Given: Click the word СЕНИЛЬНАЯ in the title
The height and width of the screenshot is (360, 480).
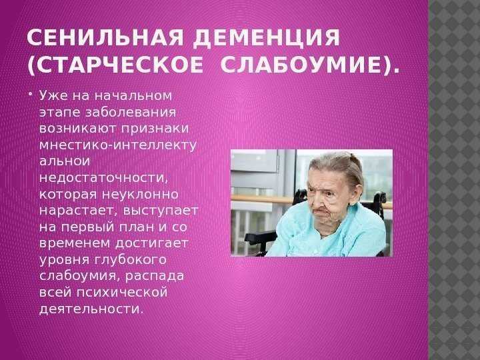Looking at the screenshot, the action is (105, 37).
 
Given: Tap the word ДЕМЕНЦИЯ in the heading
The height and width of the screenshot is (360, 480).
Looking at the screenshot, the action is (266, 37).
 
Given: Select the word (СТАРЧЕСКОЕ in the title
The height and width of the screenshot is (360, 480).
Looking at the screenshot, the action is (115, 65).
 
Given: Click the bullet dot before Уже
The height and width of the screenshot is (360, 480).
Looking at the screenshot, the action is (31, 93).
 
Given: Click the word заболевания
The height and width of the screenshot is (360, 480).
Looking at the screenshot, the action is (131, 113).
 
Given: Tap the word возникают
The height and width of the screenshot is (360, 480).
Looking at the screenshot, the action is (78, 129).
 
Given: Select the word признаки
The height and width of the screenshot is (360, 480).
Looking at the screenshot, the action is (155, 129).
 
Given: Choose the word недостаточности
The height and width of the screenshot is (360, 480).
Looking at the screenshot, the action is (104, 178).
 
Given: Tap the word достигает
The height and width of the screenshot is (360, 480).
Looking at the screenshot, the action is (152, 243).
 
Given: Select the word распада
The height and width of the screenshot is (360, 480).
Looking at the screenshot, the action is (155, 277).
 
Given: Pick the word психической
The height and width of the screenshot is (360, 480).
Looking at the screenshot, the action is (122, 293).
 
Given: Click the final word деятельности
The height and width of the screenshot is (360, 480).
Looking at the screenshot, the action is (91, 309).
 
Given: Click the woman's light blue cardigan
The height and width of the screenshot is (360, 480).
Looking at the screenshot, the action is (331, 236).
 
